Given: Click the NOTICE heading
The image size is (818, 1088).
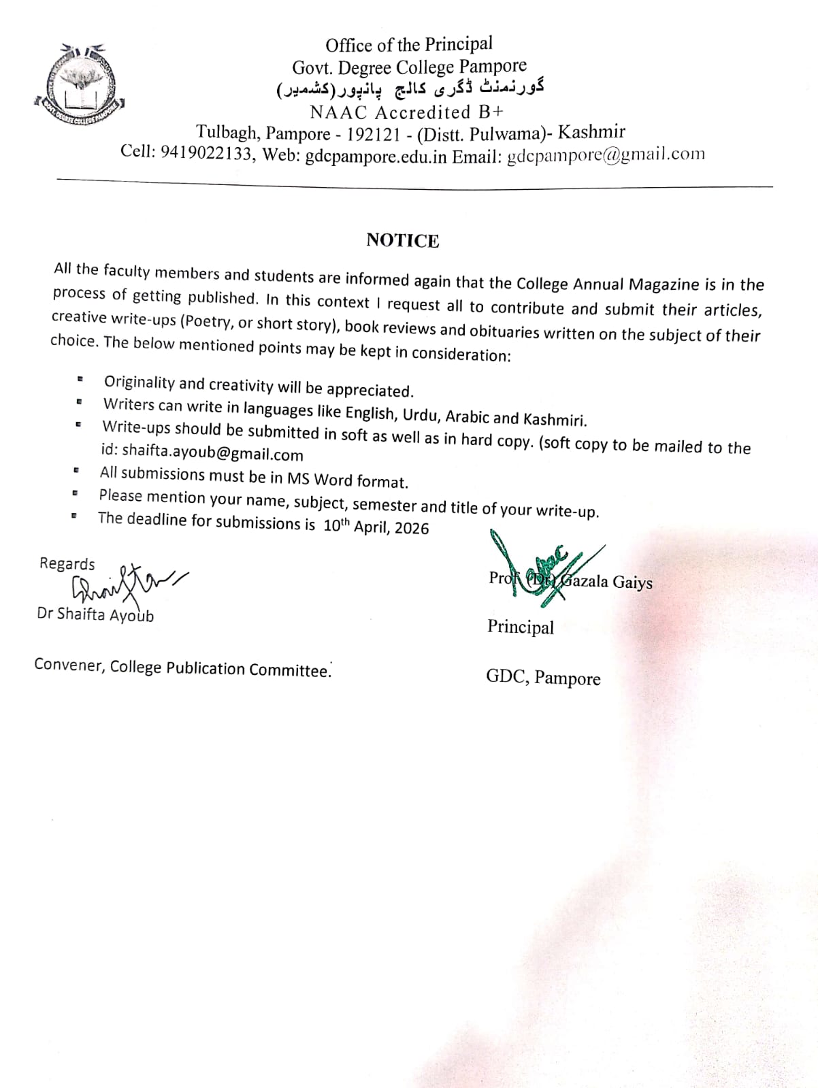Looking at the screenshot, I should [402, 240].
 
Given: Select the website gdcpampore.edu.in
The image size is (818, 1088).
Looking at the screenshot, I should [376, 156].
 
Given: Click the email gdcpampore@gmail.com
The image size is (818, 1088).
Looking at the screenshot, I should [606, 155].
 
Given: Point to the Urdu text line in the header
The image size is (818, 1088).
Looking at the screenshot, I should [410, 89].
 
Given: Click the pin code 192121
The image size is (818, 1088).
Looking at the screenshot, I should [374, 133].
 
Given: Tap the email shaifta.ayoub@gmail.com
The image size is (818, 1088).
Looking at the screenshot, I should [212, 454].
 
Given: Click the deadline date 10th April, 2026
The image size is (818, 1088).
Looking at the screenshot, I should [376, 527].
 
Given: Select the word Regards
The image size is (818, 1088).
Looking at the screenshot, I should [67, 563].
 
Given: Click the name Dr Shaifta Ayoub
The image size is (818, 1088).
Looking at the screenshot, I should [95, 614].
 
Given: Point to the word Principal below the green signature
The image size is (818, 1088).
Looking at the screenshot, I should [520, 627].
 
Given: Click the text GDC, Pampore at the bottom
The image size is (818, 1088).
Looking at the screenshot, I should [542, 678].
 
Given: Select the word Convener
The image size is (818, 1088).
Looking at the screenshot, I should [68, 665].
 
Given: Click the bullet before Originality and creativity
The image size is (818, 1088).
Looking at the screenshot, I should [80, 379].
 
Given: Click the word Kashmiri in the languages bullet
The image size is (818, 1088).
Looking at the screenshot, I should [554, 418].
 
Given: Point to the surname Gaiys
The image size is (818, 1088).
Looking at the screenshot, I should [632, 582].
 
